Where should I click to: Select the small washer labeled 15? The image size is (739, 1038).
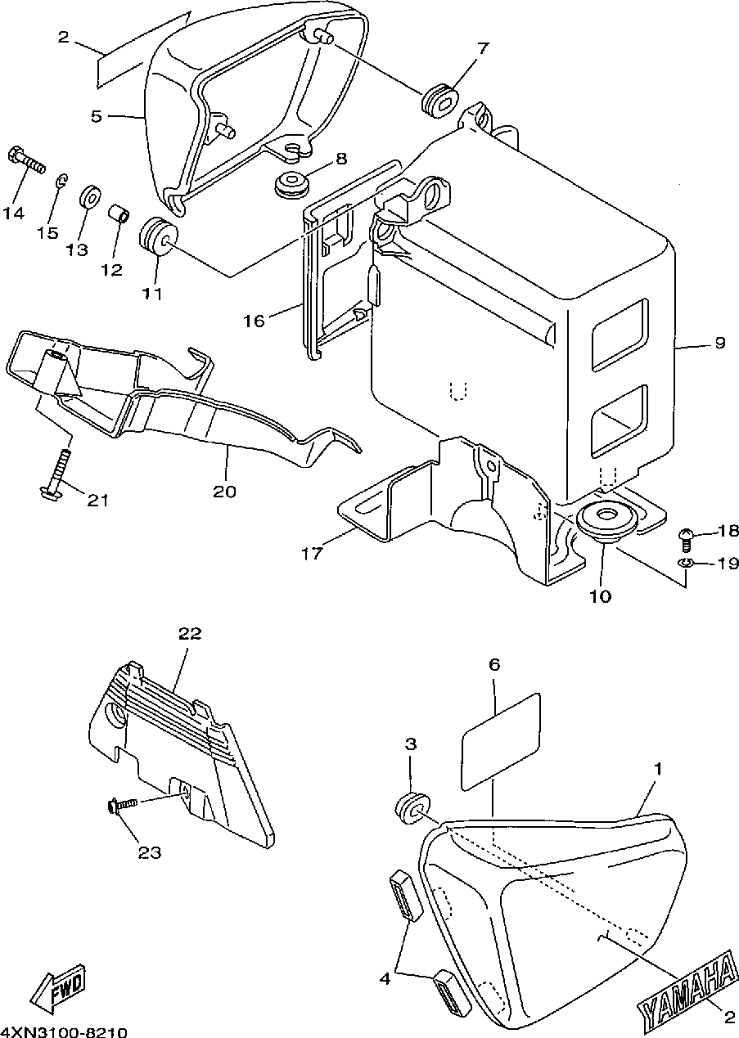click(x=61, y=181)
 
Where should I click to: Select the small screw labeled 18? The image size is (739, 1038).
click(x=686, y=539)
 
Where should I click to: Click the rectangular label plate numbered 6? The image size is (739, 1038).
click(x=501, y=741)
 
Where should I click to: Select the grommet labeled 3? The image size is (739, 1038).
click(x=412, y=807)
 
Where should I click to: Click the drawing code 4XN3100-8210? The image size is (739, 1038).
click(x=64, y=1032)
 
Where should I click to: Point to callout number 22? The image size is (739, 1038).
click(x=190, y=634)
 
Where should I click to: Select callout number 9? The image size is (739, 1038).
click(x=719, y=343)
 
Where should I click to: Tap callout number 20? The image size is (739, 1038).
click(x=224, y=492)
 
